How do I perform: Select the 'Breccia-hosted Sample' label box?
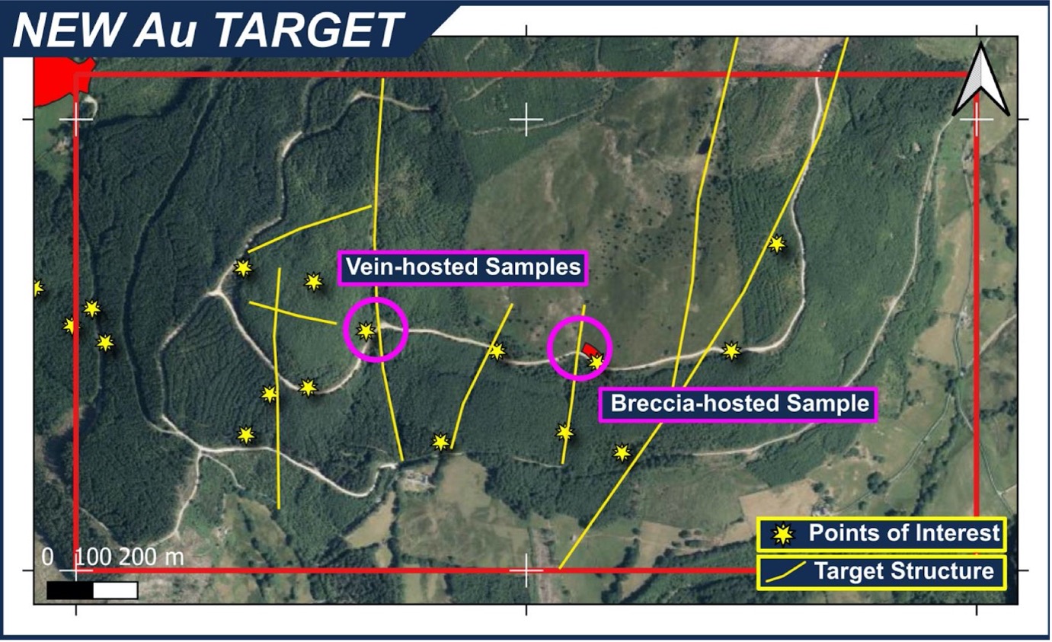(x=739, y=404)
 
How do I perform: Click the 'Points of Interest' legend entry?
(x=881, y=534)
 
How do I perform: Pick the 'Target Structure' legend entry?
(x=881, y=571)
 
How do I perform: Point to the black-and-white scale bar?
(x=92, y=590)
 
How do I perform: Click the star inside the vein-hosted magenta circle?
(x=366, y=331)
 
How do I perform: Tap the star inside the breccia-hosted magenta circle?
(x=596, y=362)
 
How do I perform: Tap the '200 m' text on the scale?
(x=151, y=557)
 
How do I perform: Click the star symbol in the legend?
(x=783, y=535)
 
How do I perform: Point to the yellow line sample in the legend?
(x=785, y=573)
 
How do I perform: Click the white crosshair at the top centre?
(x=526, y=120)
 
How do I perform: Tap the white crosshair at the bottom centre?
(x=526, y=570)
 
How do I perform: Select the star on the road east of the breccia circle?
(x=731, y=351)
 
